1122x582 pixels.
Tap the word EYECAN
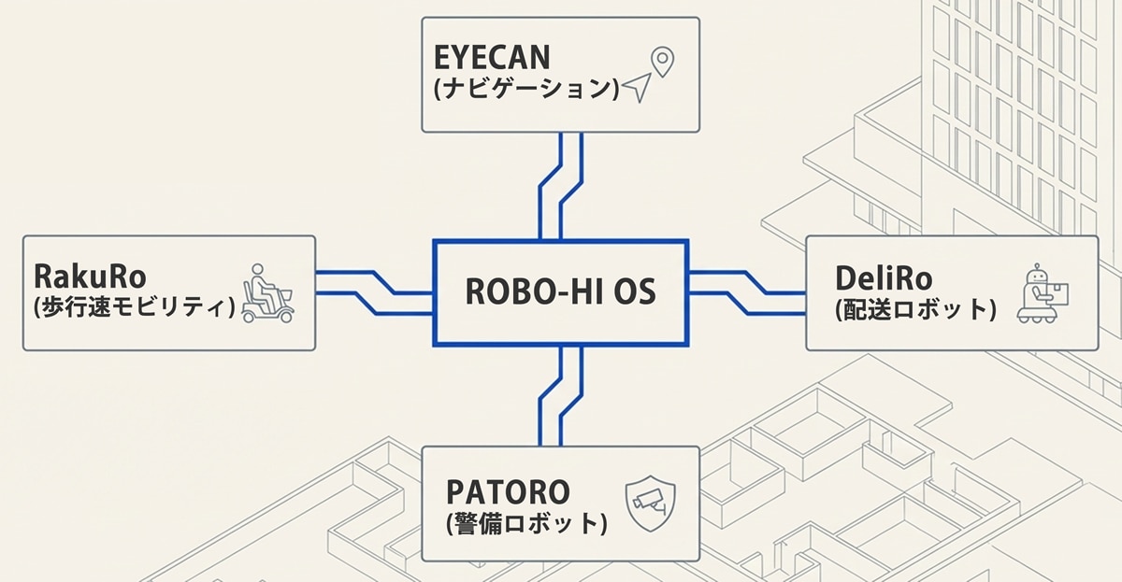pyautogui.click(x=492, y=58)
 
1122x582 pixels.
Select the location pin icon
pyautogui.click(x=662, y=62)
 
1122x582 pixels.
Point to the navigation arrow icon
pyautogui.click(x=636, y=89)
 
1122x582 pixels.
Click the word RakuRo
pyautogui.click(x=91, y=276)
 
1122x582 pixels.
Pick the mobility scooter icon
pyautogui.click(x=267, y=293)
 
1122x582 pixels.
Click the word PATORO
pyautogui.click(x=509, y=491)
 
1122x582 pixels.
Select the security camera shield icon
pyautogui.click(x=650, y=504)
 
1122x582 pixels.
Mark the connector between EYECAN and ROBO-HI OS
pyautogui.click(x=561, y=186)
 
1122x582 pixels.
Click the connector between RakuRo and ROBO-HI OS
pyautogui.click(x=374, y=292)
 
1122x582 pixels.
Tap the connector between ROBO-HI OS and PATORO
pyautogui.click(x=561, y=396)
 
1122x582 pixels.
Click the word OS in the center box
pyautogui.click(x=635, y=292)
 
